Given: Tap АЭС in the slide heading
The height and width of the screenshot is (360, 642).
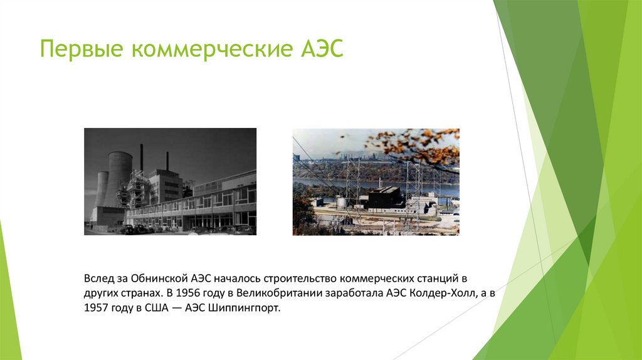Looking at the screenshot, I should click(x=320, y=49).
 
